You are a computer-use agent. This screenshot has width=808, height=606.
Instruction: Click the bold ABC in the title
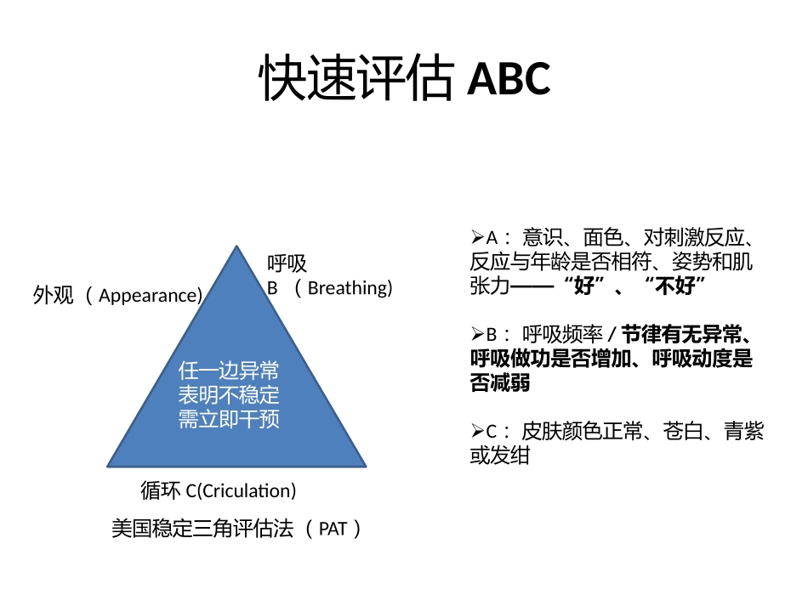(x=509, y=80)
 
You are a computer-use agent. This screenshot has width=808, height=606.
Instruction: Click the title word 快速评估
(x=356, y=80)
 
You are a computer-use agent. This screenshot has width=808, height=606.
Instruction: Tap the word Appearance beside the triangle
(x=148, y=296)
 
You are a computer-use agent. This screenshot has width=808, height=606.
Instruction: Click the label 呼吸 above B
(x=287, y=264)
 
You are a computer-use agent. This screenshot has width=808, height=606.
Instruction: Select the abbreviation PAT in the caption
(x=333, y=529)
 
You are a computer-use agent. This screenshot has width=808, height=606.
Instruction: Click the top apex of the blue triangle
(x=236, y=247)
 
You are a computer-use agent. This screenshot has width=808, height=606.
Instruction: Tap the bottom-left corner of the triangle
(x=109, y=466)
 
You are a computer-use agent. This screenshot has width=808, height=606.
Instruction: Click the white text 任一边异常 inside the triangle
(x=229, y=371)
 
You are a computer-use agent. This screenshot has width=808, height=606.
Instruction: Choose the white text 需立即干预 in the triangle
(x=229, y=419)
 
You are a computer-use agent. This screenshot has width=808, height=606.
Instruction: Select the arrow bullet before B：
(x=476, y=334)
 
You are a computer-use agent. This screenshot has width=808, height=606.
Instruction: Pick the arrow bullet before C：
(x=476, y=432)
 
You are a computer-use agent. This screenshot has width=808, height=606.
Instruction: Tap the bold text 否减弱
(x=500, y=383)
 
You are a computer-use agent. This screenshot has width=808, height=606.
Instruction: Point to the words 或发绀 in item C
(x=500, y=456)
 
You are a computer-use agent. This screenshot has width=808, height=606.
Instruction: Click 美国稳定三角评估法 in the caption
(x=202, y=529)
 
